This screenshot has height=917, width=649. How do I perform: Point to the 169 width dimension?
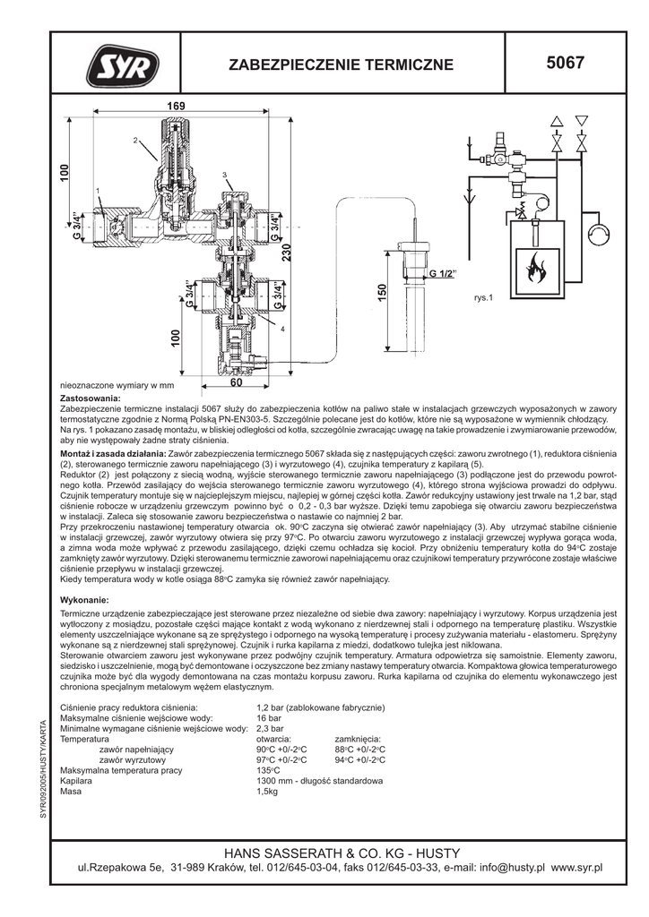tap(175, 107)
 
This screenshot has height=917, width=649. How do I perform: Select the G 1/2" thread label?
tap(442, 272)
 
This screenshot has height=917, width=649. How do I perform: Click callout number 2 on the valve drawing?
tap(134, 141)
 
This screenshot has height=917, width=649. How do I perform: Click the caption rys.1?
tap(484, 298)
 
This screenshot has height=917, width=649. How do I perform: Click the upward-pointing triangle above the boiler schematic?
tap(558, 120)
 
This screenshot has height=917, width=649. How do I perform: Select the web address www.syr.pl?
tap(577, 868)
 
